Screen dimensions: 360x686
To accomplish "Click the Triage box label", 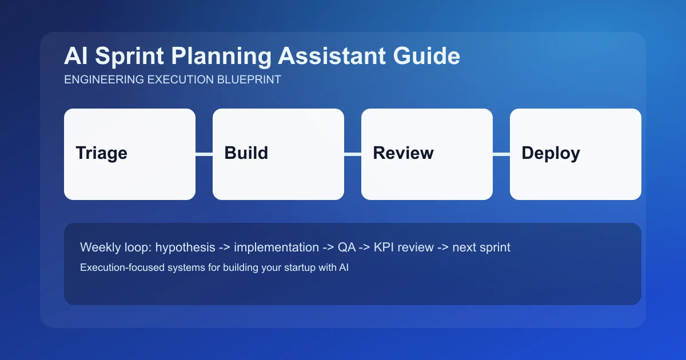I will (101, 153).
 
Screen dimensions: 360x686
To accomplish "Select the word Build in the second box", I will (246, 153).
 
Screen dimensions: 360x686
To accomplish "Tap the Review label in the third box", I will (403, 153).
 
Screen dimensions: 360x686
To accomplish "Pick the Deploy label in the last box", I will (551, 153).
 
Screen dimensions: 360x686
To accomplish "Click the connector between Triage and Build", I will (204, 154).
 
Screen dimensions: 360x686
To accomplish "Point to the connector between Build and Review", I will (353, 154).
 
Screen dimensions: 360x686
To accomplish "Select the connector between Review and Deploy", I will (501, 154).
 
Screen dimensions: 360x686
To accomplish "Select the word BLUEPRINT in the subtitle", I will (249, 80).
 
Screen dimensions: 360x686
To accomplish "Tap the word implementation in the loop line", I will (276, 247).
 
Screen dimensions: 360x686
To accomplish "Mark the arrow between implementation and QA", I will (329, 247).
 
